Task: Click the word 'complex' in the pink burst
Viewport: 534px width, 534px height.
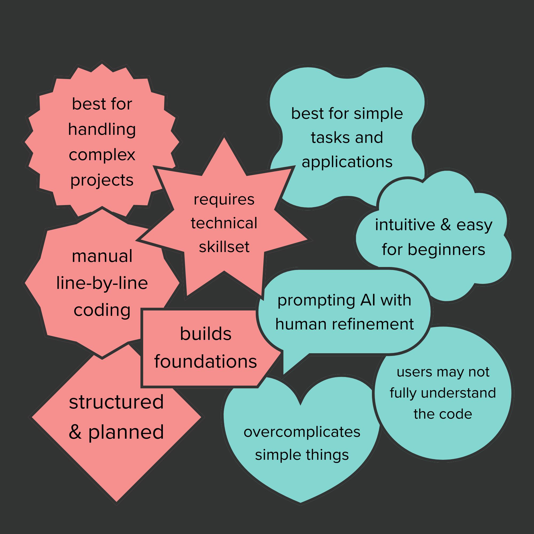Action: (x=102, y=155)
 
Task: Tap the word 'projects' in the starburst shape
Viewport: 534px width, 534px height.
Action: (x=102, y=180)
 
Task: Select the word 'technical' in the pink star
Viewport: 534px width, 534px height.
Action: (x=224, y=223)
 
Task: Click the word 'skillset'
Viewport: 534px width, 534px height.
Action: (x=224, y=247)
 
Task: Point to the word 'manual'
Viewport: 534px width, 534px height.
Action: (x=102, y=256)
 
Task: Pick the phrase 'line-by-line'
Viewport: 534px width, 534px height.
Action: (x=102, y=283)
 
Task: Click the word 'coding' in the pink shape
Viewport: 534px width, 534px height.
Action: (x=102, y=310)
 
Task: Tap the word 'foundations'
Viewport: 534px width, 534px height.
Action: (x=206, y=361)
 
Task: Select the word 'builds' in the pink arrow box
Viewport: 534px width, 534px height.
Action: (x=206, y=334)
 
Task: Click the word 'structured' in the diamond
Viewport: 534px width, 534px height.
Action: (x=116, y=402)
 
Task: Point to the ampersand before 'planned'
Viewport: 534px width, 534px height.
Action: (x=75, y=432)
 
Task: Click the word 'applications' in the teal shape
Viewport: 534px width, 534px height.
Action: (x=347, y=162)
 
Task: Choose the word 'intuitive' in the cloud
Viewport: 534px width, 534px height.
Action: (x=405, y=225)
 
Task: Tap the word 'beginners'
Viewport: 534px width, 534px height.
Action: (x=446, y=250)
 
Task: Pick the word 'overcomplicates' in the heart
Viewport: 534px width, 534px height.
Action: (x=302, y=432)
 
